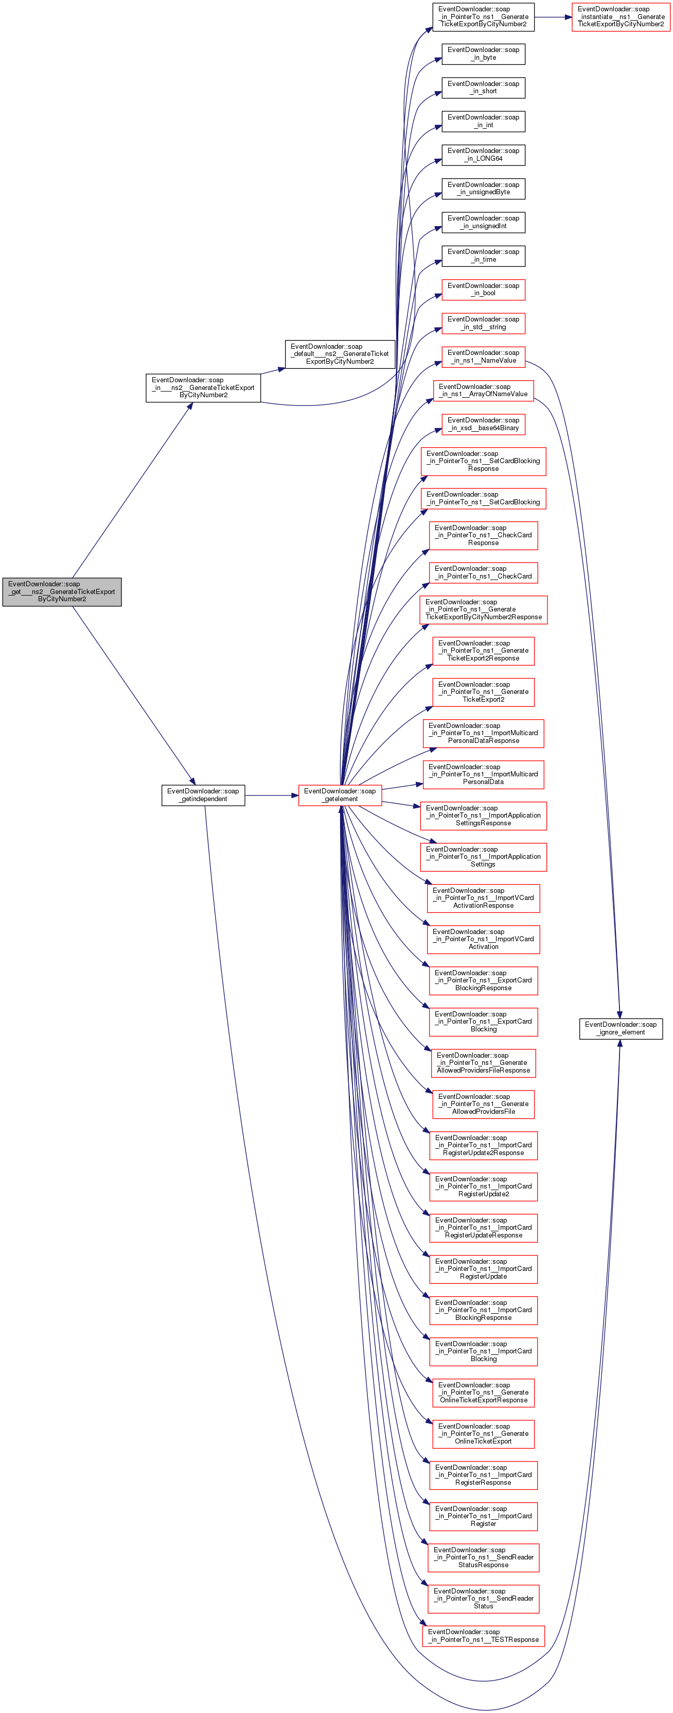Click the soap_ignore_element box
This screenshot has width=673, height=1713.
[x=621, y=1028]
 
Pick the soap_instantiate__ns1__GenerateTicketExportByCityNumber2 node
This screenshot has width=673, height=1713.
[x=621, y=16]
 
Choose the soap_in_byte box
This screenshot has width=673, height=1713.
[x=483, y=54]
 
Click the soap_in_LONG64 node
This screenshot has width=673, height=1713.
[x=483, y=155]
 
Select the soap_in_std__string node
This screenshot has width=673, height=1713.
[x=483, y=323]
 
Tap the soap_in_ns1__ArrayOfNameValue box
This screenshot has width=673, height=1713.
[x=483, y=391]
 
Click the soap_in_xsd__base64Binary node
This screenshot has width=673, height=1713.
[x=483, y=425]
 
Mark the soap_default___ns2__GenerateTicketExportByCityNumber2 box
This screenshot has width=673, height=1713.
[x=340, y=354]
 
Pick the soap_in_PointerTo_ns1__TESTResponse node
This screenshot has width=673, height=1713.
[x=483, y=1635]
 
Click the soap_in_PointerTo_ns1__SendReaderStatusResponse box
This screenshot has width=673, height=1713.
[x=483, y=1557]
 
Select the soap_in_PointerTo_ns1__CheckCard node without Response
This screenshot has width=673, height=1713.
[x=483, y=572]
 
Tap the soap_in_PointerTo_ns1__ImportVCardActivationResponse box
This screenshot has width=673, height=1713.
[x=483, y=898]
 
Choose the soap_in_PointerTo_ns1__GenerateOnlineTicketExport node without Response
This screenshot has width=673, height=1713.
[x=483, y=1434]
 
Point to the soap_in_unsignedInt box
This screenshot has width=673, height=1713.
[x=483, y=222]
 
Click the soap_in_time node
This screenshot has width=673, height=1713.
[x=483, y=256]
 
